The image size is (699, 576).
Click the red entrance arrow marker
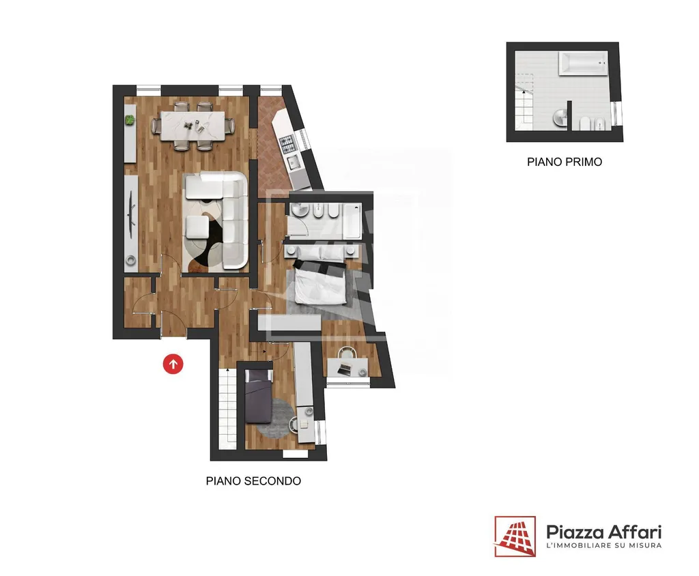(x=173, y=364)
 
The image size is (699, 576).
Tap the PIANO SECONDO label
(x=253, y=481)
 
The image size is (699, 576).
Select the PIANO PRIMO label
(x=565, y=162)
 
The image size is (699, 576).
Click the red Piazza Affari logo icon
(x=515, y=536)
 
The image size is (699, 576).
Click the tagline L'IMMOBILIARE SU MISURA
(x=604, y=545)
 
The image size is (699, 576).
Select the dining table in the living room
(x=193, y=126)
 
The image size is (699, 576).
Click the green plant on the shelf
(x=129, y=120)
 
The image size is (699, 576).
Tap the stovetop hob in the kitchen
(x=287, y=144)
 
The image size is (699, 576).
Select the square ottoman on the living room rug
(x=197, y=227)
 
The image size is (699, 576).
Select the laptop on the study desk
(x=344, y=369)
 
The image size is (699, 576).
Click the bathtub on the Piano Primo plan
(x=583, y=63)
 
